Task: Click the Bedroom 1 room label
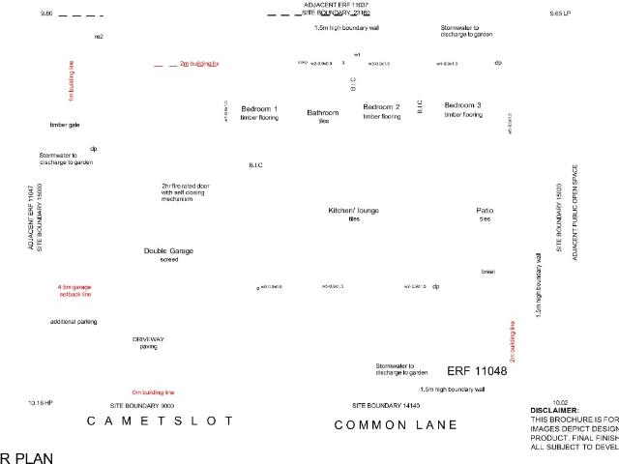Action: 259,108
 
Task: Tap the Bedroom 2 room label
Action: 381,106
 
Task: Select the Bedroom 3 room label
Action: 463,104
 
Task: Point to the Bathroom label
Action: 323,113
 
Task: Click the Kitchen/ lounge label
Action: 353,210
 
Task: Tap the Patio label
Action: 485,210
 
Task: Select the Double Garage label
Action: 168,250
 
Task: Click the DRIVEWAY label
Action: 149,339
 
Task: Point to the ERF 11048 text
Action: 477,370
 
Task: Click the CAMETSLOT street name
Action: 161,421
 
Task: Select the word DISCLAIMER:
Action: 554,411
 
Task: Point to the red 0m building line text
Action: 153,392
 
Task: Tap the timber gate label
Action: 65,125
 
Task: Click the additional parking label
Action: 74,321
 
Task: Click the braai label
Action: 487,272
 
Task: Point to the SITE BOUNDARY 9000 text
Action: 141,405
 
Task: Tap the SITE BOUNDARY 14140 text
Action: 386,404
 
